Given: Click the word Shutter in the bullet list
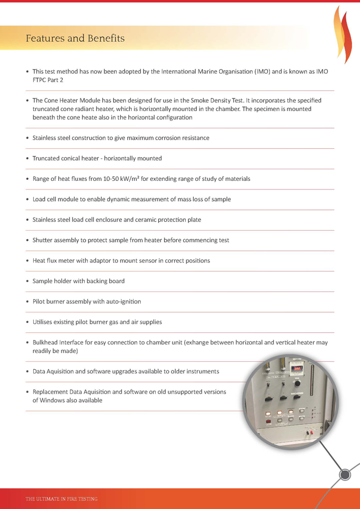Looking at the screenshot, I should [43, 240].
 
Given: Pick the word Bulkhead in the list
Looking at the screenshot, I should [47, 342].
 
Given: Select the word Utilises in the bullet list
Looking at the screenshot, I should [44, 322].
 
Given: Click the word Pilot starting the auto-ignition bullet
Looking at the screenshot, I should [40, 302].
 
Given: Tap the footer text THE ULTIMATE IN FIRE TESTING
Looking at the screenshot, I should [61, 498].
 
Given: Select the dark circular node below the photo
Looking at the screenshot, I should [345, 475].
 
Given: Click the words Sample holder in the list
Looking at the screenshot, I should [53, 281].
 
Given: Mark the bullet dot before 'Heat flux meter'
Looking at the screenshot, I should [27, 261].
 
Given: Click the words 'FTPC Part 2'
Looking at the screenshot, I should [48, 80].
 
